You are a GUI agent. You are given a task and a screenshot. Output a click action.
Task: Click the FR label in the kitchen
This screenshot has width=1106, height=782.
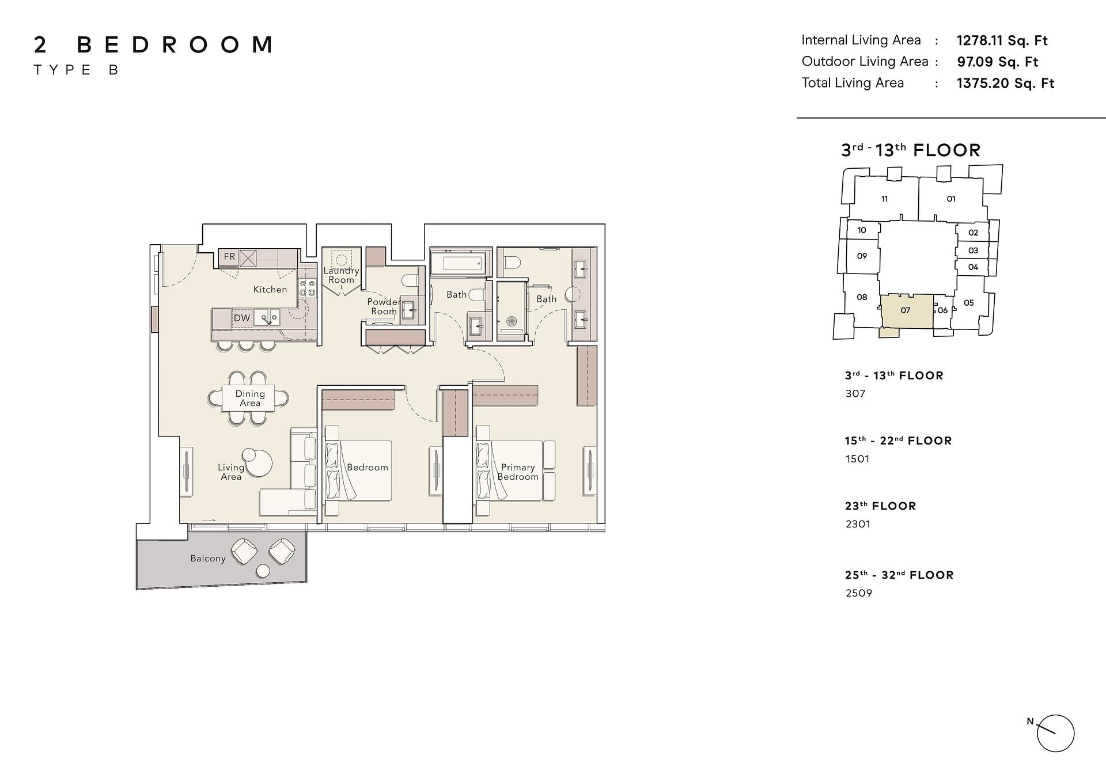tap(230, 257)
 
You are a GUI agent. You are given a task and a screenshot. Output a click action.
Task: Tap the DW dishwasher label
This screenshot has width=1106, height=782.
tap(242, 318)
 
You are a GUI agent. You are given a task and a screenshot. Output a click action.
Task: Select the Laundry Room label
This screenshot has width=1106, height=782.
tap(341, 275)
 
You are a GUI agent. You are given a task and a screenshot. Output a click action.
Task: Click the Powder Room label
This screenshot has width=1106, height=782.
tap(384, 306)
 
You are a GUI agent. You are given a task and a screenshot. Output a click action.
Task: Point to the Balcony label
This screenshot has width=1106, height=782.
tap(208, 559)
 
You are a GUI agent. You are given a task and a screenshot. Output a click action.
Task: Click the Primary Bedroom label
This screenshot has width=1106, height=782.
tap(518, 472)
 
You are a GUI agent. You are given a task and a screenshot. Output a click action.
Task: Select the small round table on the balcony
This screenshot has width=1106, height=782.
tap(263, 571)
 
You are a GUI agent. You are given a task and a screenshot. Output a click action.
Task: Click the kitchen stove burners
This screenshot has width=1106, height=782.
tap(307, 288)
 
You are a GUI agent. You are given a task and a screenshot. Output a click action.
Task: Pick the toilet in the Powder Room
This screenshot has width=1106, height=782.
tap(410, 281)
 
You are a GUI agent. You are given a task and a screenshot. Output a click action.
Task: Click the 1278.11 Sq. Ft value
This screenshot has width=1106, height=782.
tap(1002, 40)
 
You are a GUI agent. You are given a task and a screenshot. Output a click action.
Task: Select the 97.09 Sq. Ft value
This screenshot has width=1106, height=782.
tap(997, 62)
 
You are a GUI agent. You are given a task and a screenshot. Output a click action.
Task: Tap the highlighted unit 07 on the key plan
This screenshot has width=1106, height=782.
tap(906, 312)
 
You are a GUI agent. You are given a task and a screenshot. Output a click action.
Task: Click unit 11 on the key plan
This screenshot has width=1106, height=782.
tap(885, 199)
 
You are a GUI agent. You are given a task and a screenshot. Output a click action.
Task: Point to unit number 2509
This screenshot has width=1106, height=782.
tap(859, 593)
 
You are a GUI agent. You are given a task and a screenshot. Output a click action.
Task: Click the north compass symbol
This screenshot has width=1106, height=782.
tap(1055, 734)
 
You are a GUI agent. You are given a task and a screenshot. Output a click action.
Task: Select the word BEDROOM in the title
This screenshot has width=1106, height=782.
tap(175, 45)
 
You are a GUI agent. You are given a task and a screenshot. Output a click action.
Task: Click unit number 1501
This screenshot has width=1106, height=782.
tap(857, 459)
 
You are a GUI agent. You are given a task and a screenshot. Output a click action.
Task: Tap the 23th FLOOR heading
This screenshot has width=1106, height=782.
tap(880, 506)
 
